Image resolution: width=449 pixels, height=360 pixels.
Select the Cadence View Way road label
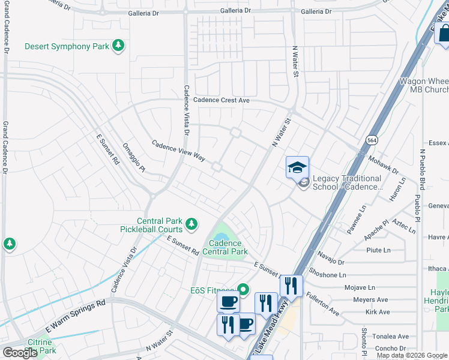point(178,152)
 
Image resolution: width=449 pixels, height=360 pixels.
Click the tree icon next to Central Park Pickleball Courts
point(191,224)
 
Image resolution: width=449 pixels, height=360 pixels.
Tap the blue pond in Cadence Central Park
point(221,233)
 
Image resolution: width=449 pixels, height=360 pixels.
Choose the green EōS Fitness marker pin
point(243,290)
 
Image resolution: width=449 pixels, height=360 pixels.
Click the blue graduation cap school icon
point(297,168)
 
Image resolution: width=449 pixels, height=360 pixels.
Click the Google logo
point(20,353)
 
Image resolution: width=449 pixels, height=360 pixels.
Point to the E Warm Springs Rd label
point(76,316)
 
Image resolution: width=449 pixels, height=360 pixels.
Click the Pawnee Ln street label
point(355,220)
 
